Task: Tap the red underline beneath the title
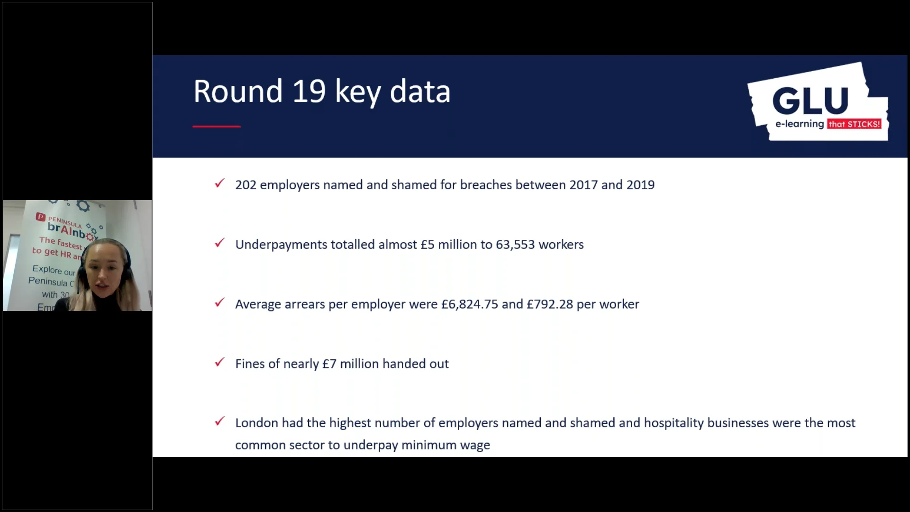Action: point(217,127)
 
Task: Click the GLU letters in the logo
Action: point(810,101)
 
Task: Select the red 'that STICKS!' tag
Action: point(854,124)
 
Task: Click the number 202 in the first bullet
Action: point(246,185)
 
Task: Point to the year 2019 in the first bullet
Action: point(640,185)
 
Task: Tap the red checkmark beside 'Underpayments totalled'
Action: point(219,243)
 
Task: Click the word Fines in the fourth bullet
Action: point(250,364)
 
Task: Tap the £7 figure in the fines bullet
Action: point(329,364)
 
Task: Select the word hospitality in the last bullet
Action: point(673,423)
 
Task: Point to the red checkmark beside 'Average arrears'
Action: point(219,302)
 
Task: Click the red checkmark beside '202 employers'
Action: point(219,183)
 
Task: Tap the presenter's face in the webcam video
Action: point(104,273)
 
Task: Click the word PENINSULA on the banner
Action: point(65,221)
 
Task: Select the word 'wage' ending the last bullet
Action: point(477,446)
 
